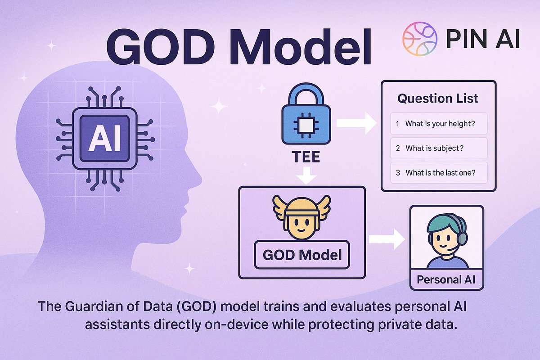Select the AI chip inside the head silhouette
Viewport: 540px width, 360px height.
point(104,135)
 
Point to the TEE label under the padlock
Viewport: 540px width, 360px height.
point(306,157)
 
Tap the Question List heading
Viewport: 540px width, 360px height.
point(438,99)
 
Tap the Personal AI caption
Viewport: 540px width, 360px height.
point(446,279)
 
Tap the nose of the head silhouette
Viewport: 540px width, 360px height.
point(198,180)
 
